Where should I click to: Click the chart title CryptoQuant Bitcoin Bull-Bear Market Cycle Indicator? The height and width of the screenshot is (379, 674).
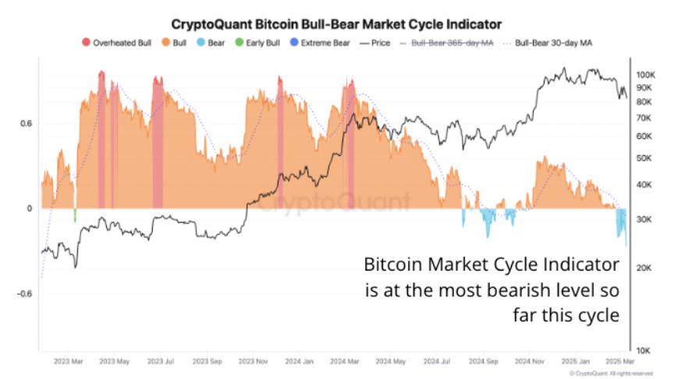(336, 24)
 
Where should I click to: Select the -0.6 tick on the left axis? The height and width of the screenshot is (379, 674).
(25, 294)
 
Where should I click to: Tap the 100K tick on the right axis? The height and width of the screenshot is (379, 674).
(647, 75)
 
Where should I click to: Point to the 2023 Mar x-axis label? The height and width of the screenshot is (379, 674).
(69, 362)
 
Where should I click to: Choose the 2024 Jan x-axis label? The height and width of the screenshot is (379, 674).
(300, 362)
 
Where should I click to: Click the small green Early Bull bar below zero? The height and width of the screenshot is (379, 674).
(75, 214)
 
